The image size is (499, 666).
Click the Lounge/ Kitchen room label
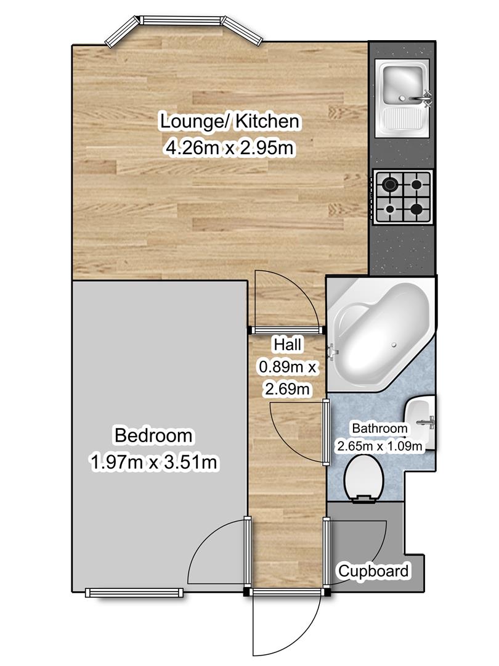[x=230, y=121]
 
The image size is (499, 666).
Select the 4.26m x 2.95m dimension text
[x=229, y=148]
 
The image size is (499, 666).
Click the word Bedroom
[x=153, y=435]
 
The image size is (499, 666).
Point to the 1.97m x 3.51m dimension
[x=153, y=462]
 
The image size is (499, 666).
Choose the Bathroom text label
[x=379, y=429]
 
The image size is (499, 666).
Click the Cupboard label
[x=373, y=571]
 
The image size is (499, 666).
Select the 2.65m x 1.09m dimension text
[x=379, y=446]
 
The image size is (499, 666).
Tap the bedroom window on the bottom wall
[x=134, y=593]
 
